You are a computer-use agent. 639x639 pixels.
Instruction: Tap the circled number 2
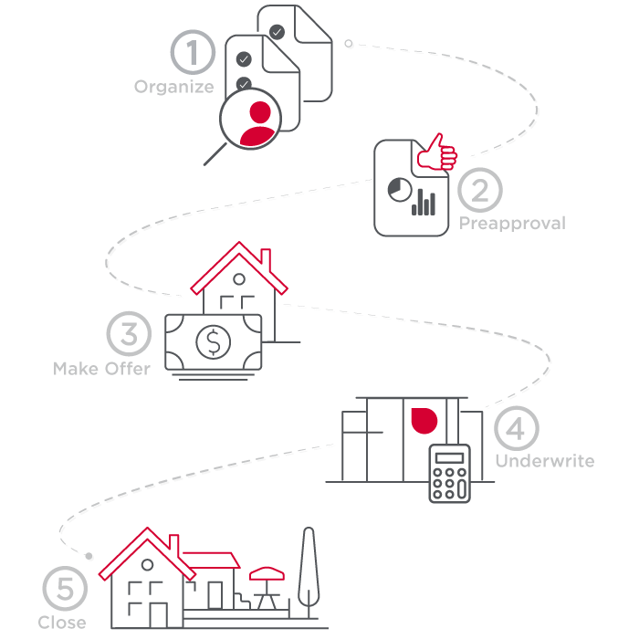pos(480,190)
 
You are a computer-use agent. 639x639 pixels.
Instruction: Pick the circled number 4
pos(517,428)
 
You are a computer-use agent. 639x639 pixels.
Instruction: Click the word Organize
pos(174,88)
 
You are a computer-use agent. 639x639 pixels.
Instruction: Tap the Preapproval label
pos(512,223)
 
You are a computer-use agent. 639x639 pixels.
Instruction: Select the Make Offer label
pos(101,369)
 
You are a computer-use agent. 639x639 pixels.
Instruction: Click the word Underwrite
pos(544,461)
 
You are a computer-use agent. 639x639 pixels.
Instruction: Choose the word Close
pos(62,623)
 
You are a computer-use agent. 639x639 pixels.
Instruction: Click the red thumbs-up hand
pos(437,154)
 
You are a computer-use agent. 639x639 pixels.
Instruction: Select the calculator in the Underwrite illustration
pos(449,473)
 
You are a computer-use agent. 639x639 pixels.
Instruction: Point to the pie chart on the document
pos(398,190)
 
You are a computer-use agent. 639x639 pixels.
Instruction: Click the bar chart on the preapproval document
pos(424,202)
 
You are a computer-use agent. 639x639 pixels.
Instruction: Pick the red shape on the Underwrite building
pos(424,419)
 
